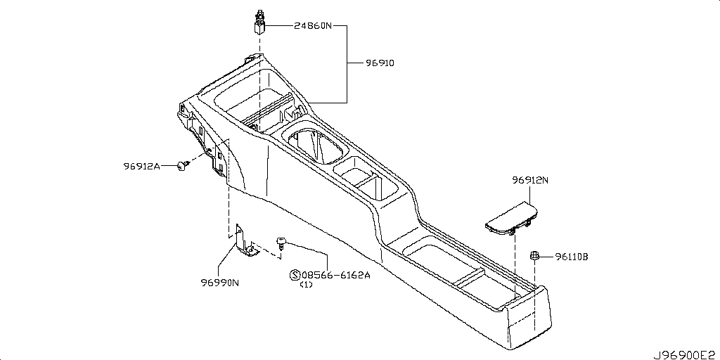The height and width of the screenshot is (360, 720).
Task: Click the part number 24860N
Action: (312, 26)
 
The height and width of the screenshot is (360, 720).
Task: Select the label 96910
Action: (380, 63)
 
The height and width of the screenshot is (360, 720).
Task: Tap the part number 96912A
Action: (141, 166)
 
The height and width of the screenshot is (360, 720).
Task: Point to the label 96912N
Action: (530, 181)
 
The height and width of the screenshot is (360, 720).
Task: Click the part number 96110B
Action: (571, 257)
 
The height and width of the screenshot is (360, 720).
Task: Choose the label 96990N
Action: (219, 283)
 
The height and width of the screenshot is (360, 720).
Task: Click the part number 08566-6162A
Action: (336, 275)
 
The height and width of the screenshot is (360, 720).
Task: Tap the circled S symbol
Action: (295, 275)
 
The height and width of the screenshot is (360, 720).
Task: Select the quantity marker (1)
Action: (306, 285)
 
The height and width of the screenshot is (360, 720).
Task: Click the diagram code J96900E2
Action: (686, 354)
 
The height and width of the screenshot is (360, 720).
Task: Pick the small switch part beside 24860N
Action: (260, 22)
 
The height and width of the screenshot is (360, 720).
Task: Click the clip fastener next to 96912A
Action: (184, 166)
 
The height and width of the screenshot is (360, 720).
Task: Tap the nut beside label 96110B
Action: (534, 256)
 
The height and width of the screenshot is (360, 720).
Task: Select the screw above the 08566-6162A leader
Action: (281, 243)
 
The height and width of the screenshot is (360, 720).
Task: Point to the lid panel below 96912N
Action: (512, 218)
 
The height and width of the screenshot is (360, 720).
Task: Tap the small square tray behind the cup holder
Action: (365, 179)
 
